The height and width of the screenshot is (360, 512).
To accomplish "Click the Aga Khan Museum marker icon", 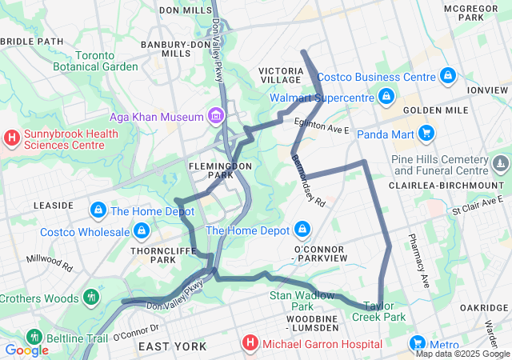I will click(x=214, y=117).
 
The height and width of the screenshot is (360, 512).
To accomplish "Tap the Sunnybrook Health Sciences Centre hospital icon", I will click(x=12, y=138).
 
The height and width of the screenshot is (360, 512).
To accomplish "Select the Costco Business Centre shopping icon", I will click(x=448, y=77).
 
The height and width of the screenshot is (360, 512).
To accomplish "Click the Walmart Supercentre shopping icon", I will click(x=386, y=97).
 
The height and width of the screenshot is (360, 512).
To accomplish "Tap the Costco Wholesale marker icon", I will click(x=142, y=232).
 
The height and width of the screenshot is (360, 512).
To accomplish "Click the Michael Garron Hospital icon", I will click(x=250, y=344).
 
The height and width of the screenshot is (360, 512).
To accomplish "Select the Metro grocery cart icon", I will click(x=416, y=344).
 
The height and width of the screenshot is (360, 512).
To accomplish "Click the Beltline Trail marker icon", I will click(x=33, y=338).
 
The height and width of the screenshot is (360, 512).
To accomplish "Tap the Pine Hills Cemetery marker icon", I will click(x=501, y=164).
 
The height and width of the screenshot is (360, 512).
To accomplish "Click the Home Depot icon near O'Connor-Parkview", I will click(x=302, y=230).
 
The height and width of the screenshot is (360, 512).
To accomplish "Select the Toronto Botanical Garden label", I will click(x=95, y=61).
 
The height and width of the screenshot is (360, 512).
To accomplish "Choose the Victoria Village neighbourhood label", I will click(x=281, y=76).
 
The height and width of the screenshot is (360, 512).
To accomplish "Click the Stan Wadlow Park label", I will click(x=291, y=301).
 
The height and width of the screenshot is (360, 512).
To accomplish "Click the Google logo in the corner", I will click(x=26, y=350).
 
